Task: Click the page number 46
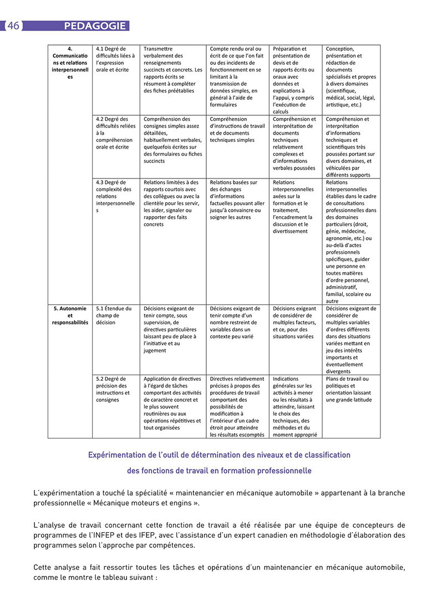(13, 26)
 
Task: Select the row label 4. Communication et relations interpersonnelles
(70, 63)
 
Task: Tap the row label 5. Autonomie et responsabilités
(70, 315)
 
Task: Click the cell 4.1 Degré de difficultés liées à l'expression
(115, 59)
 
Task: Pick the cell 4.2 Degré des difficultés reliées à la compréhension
(115, 133)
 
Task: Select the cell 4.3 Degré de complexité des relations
(115, 196)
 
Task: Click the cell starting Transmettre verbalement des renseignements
(173, 70)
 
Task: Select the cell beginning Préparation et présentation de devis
(295, 80)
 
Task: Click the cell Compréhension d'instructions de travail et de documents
(237, 130)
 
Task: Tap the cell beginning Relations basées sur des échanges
(237, 200)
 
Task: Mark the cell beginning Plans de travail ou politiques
(349, 389)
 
